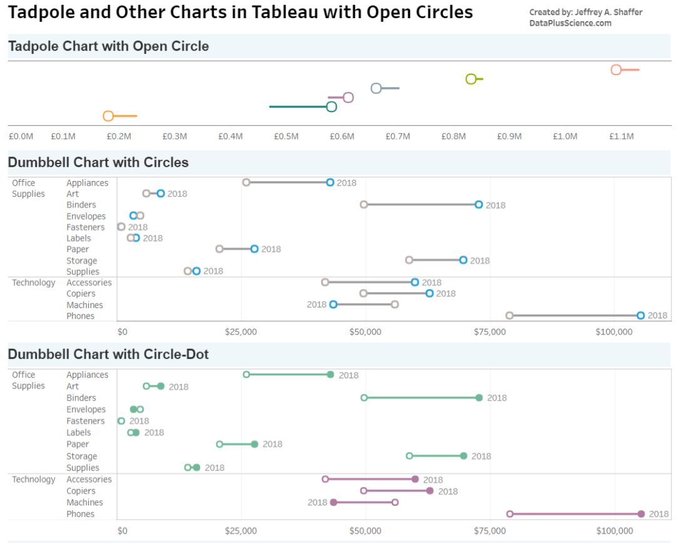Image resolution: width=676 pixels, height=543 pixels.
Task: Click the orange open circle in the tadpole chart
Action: (x=108, y=116)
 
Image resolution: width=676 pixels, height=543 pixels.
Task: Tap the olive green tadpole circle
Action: (x=471, y=79)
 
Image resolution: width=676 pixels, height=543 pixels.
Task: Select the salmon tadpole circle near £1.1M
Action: (x=616, y=70)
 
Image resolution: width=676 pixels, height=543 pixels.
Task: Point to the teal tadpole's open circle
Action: (x=332, y=106)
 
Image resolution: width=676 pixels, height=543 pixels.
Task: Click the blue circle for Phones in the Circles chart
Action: (x=640, y=316)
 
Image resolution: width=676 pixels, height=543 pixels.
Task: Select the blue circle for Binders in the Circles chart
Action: (x=479, y=205)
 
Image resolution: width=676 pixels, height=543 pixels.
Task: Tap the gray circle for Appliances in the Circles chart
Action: (x=246, y=182)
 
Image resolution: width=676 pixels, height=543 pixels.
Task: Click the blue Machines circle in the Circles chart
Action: (x=333, y=304)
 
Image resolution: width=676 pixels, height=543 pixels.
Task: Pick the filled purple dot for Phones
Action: (x=641, y=514)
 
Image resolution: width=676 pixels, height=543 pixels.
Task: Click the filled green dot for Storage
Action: (x=463, y=456)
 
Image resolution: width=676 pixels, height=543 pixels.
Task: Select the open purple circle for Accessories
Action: (x=325, y=479)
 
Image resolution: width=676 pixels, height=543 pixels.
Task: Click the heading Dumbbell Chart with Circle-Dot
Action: (x=108, y=354)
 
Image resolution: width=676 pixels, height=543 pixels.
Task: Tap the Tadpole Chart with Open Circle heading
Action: (x=108, y=46)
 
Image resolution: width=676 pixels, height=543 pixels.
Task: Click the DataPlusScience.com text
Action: (x=570, y=23)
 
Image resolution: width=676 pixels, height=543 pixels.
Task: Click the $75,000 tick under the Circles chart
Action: (x=489, y=332)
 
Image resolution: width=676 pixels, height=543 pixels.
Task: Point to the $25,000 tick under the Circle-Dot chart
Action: (x=241, y=531)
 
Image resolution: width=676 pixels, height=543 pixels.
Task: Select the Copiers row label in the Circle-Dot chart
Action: (x=81, y=491)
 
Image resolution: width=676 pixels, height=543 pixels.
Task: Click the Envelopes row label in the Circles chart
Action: (x=86, y=216)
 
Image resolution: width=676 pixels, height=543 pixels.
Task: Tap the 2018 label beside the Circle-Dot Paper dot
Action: (x=272, y=444)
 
